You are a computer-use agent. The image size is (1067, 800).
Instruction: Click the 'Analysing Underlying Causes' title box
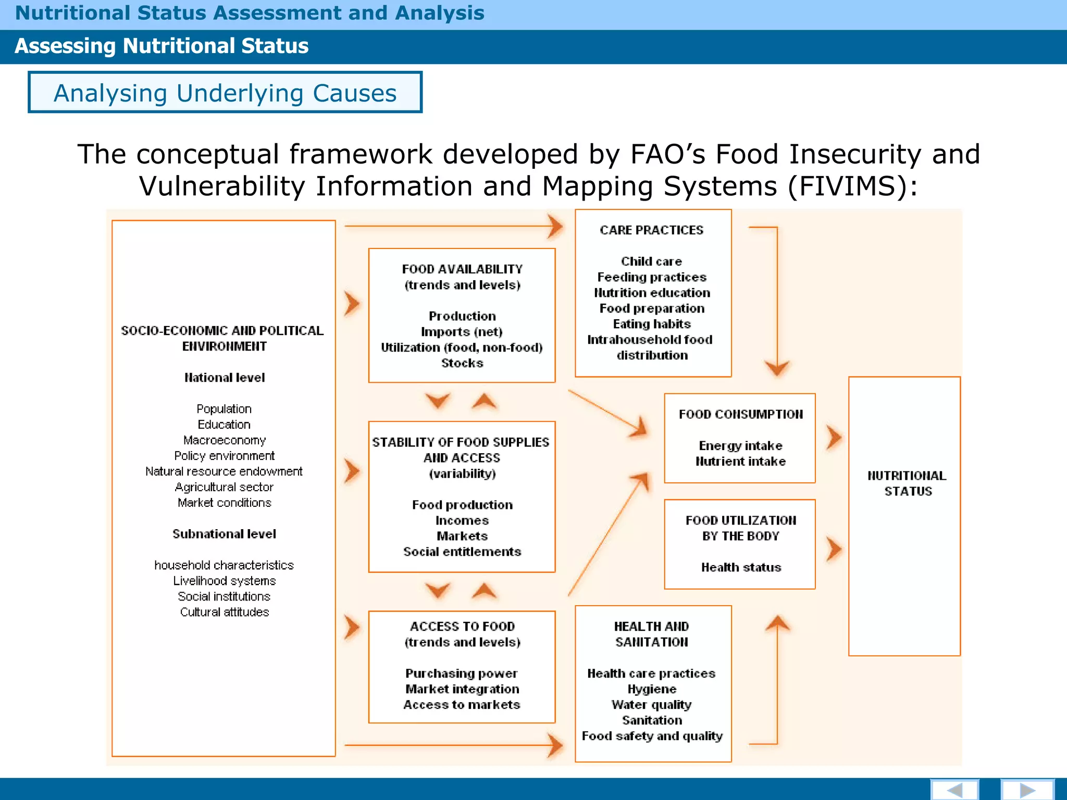[x=225, y=93]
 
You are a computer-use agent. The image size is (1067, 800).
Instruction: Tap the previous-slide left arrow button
[x=954, y=790]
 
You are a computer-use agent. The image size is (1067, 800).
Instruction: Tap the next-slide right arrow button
[x=1027, y=790]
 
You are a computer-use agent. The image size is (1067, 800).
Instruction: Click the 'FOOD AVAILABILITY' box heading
[x=462, y=269]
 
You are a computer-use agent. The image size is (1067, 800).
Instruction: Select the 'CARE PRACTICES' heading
[x=651, y=230]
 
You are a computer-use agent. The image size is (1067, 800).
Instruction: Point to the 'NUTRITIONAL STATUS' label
[x=907, y=483]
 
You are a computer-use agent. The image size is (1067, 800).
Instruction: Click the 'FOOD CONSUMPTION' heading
[x=740, y=415]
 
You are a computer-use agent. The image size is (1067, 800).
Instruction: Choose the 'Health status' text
[x=741, y=567]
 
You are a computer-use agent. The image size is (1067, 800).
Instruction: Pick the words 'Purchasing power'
[x=462, y=673]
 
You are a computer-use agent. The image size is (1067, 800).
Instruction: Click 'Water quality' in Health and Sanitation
[x=651, y=705]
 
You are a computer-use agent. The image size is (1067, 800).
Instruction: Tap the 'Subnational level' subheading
[x=224, y=534]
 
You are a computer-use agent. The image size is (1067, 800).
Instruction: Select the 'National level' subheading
[x=225, y=378]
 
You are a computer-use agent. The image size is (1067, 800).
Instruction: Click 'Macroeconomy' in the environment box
[x=225, y=440]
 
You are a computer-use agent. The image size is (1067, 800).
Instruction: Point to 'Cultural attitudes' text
[x=225, y=612]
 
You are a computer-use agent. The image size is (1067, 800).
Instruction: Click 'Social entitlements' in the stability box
[x=462, y=552]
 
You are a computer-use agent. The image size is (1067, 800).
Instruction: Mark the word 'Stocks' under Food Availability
[x=462, y=363]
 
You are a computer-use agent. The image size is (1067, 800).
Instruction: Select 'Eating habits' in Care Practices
[x=652, y=324]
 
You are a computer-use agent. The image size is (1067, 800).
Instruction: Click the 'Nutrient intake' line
[x=740, y=461]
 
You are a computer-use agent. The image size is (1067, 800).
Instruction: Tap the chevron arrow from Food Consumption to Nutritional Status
[x=834, y=438]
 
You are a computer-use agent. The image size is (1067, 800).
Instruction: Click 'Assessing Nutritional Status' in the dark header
[x=162, y=46]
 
